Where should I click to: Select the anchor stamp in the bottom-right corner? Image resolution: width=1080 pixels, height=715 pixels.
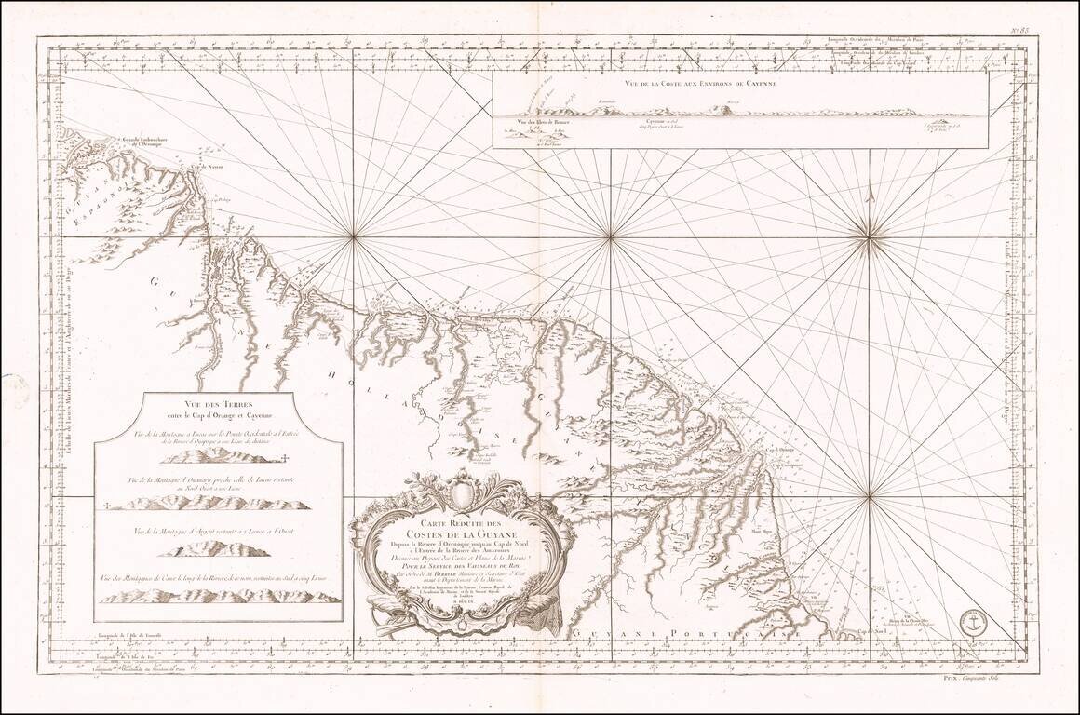[x=974, y=625]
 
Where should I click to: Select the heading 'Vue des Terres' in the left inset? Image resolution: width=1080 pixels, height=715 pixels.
[x=216, y=403]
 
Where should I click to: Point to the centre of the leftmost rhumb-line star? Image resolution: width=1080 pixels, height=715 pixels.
[x=354, y=237]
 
